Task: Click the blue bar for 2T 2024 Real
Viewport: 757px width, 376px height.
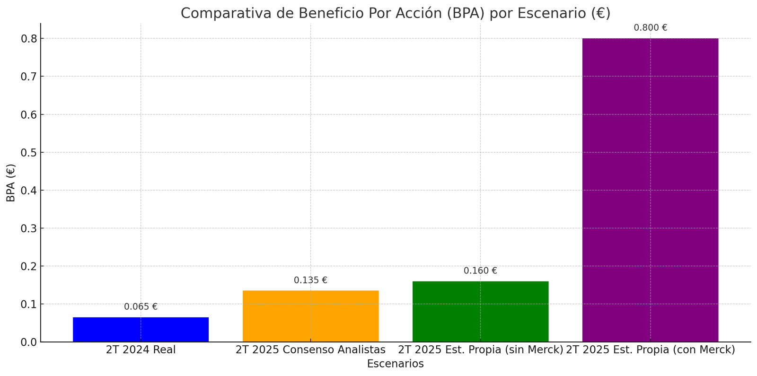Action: [x=141, y=329]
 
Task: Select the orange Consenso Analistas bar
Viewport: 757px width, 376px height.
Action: [x=310, y=316]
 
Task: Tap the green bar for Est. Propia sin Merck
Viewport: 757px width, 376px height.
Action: [x=480, y=311]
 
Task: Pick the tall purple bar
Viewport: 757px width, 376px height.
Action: [x=650, y=189]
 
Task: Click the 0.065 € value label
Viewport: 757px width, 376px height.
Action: [x=141, y=307]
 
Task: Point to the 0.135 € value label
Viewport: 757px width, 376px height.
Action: [x=310, y=280]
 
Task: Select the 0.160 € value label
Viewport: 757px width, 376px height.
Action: [x=480, y=271]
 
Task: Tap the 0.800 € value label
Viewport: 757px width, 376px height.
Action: [x=650, y=27]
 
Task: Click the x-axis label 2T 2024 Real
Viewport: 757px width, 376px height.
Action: [x=141, y=350]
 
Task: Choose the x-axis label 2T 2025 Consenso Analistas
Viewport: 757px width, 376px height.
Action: [x=310, y=350]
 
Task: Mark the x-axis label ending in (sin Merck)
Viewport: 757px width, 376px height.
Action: [x=480, y=350]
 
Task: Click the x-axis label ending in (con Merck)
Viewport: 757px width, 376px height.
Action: [x=650, y=350]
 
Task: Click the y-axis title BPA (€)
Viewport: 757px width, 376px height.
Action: [x=11, y=183]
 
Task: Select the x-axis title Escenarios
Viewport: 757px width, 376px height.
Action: [x=395, y=364]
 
